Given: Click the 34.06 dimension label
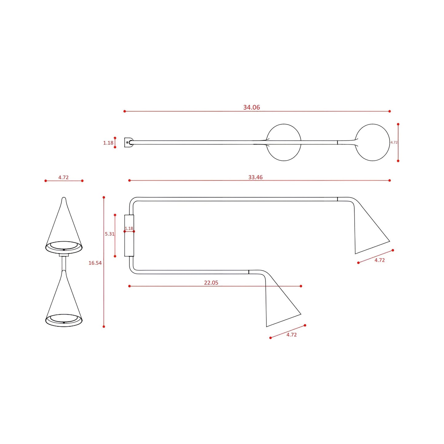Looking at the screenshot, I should coord(251,107).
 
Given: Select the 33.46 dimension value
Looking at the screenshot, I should coord(255,177).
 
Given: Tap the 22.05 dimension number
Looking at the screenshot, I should coord(211,283).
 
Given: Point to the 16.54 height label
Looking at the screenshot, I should coord(95,263).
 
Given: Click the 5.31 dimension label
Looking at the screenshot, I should coord(109,234).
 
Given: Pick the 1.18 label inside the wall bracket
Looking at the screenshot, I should coord(129,228).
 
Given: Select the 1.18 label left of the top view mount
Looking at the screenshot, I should coord(108,143).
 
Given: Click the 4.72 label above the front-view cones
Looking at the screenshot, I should coord(63,177).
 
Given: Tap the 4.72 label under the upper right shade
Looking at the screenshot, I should coord(379,260).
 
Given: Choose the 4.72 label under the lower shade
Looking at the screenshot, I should coord(292,335).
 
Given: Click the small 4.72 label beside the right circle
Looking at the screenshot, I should coord(394,143).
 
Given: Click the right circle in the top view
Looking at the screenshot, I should coord(372,142).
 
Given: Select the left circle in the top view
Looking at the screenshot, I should coord(284,142).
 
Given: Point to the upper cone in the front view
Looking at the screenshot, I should coord(64,227).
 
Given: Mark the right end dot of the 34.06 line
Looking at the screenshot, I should coord(390,111).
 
